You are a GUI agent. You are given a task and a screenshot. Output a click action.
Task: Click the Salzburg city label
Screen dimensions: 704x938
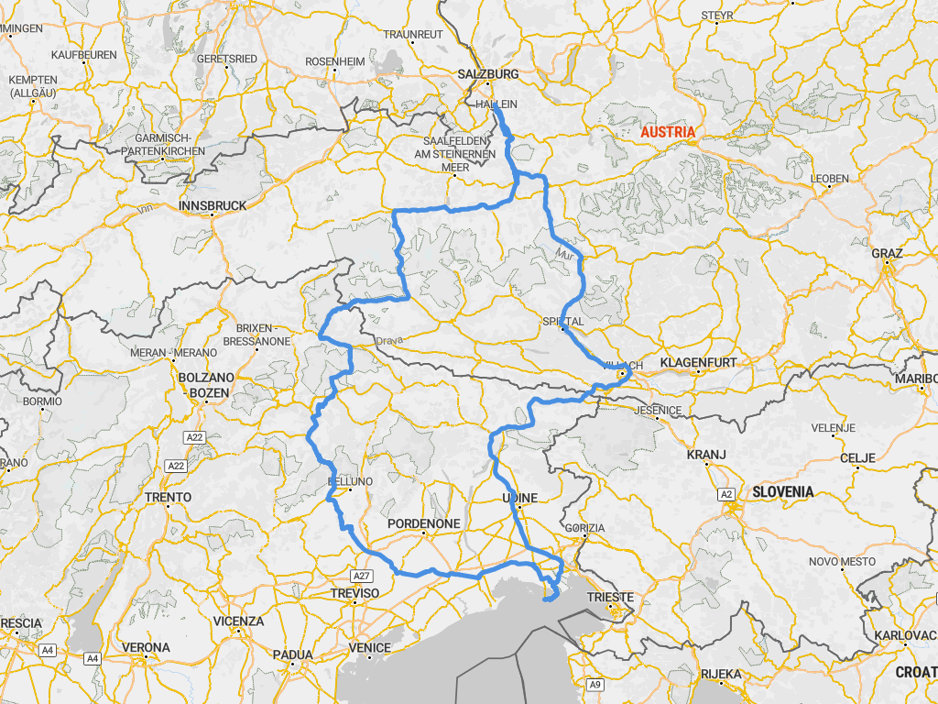point(488,73)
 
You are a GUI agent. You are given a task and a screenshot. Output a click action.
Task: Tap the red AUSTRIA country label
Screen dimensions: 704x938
point(668,132)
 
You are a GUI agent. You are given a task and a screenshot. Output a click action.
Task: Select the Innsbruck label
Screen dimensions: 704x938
point(213,206)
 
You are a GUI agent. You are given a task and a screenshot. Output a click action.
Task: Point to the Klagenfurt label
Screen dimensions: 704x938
point(698,363)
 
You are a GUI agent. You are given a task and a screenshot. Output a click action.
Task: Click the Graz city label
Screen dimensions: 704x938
point(888,253)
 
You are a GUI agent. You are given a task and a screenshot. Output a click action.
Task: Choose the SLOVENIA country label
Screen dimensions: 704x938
point(783,491)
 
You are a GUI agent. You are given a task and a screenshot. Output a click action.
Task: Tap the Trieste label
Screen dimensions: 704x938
point(610,598)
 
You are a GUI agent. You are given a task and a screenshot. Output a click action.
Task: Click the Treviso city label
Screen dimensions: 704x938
point(354,594)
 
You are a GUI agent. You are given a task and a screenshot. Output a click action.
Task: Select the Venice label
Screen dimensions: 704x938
point(369,648)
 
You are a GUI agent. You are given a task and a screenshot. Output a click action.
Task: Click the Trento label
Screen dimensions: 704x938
point(169,497)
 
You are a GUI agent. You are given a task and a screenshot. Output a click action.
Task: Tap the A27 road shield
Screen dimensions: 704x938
point(363,576)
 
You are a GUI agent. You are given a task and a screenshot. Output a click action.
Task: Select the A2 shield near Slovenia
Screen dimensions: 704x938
point(727,495)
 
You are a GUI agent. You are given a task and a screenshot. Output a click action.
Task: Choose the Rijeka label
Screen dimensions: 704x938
point(721,675)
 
